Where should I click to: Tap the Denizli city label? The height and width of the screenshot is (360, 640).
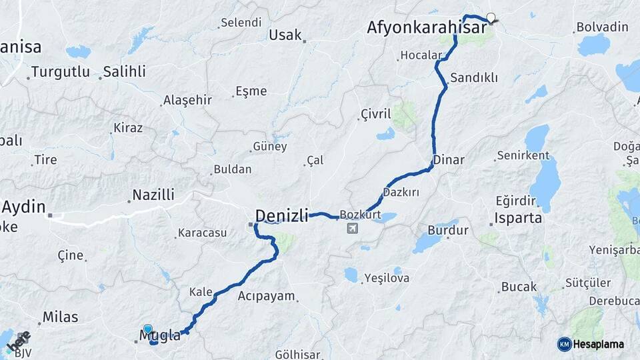tap(282, 215)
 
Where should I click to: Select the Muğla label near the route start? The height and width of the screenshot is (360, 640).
tap(161, 335)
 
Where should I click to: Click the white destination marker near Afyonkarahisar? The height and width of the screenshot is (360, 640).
tap(491, 18)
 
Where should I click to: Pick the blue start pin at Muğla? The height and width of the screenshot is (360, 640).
tap(147, 329)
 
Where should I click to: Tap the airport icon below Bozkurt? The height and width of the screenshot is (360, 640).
tap(351, 229)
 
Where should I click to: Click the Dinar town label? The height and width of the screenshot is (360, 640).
tap(449, 160)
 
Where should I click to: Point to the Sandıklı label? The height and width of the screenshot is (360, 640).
tap(474, 77)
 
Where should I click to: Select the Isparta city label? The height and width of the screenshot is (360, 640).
tap(518, 218)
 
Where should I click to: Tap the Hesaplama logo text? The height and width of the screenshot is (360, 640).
tap(599, 344)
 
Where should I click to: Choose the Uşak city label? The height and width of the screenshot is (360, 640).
tap(285, 35)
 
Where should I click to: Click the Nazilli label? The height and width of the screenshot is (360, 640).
tap(153, 195)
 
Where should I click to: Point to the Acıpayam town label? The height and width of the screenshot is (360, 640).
tap(266, 296)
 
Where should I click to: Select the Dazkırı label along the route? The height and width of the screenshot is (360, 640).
tap(401, 192)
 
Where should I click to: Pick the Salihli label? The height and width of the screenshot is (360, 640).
tap(125, 71)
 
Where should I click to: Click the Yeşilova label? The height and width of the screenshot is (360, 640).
tap(387, 278)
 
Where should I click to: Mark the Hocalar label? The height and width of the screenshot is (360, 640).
tap(421, 55)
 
